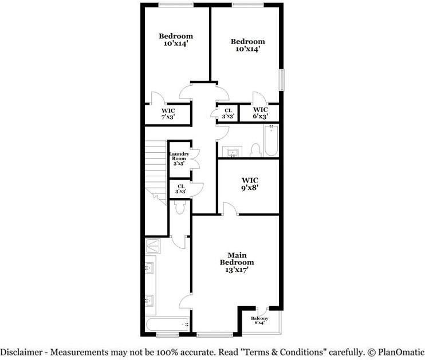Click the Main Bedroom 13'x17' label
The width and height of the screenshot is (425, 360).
coord(233,262)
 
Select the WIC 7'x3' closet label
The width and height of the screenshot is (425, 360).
coord(167,113)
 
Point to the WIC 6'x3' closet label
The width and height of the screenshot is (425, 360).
coord(260,113)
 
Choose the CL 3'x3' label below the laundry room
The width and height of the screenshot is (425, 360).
coord(181,189)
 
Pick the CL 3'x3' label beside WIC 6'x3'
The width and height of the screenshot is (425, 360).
coord(227,113)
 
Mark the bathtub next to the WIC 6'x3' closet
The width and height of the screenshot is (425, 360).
coord(270,141)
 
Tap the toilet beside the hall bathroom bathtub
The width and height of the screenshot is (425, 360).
coord(256,150)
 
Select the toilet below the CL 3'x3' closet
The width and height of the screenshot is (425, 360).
coord(180,208)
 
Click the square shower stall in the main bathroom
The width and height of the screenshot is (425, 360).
coord(154,246)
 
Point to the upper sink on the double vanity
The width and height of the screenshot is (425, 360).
coord(149,268)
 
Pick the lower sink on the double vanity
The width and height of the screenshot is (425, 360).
coord(149,299)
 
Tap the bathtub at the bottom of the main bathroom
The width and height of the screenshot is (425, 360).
coord(168,325)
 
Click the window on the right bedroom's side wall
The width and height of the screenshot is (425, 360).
coord(281,80)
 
